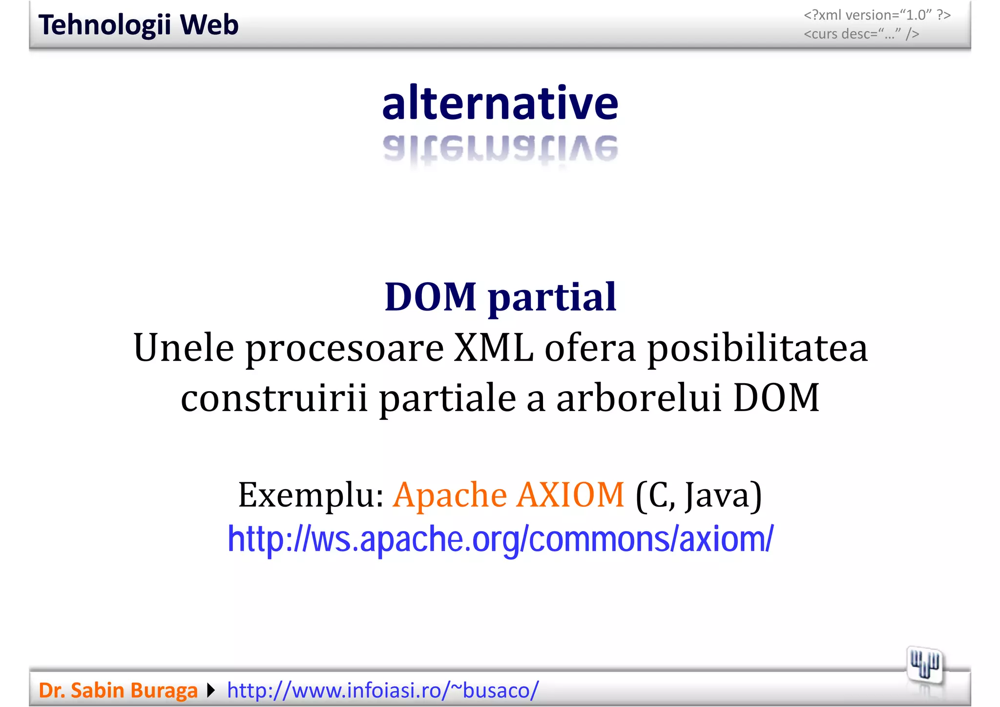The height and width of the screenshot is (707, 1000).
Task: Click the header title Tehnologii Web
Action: (x=138, y=25)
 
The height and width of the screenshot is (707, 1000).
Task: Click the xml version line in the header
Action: (x=877, y=15)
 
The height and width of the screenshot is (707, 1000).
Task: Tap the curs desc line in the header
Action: (x=861, y=34)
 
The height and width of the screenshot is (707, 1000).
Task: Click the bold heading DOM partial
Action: (x=500, y=296)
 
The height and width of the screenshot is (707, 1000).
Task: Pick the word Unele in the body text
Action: (x=184, y=348)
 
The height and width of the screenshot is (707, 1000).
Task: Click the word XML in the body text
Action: (x=493, y=348)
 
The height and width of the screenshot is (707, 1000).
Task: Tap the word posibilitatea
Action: (x=757, y=349)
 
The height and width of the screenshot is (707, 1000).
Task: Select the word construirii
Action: (x=274, y=397)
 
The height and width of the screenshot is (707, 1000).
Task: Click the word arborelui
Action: (x=639, y=397)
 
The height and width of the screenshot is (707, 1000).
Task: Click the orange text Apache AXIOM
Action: (x=508, y=495)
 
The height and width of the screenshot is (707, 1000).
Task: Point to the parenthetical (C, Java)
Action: (x=698, y=495)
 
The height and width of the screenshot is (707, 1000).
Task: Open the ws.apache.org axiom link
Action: (x=500, y=539)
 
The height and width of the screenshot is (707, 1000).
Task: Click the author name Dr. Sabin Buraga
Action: (x=118, y=690)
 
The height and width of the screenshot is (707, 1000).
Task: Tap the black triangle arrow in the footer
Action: (x=211, y=690)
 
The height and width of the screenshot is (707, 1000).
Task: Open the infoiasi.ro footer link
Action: (x=383, y=690)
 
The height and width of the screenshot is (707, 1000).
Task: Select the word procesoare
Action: (x=344, y=349)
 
